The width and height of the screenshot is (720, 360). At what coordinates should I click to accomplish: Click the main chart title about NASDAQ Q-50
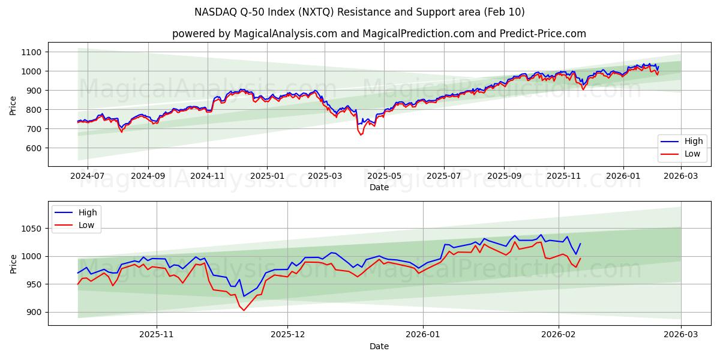point(359,12)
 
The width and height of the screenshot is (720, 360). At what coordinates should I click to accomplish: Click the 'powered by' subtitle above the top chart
point(379,34)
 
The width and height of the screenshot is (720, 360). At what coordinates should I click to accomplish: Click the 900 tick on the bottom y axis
point(32,312)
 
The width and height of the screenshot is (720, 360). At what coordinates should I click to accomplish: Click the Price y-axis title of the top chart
point(13,105)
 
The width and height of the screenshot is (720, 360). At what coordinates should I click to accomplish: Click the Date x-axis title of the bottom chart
point(379,346)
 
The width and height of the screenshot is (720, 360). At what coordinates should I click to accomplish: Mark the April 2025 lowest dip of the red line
point(361,134)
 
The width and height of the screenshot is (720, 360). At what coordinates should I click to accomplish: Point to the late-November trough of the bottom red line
point(244,310)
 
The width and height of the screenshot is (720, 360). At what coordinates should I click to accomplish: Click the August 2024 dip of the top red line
point(121,131)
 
